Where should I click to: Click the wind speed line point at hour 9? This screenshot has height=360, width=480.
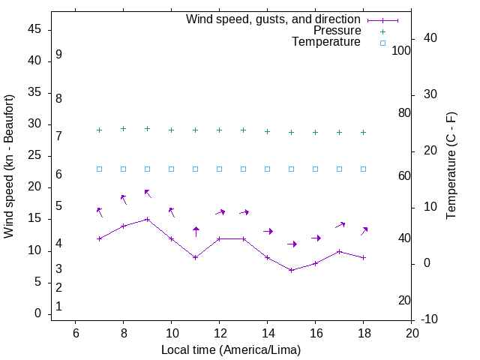click(x=148, y=220)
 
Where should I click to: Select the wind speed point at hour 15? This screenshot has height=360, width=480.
click(x=292, y=270)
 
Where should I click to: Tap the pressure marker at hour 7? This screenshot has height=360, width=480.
click(x=100, y=130)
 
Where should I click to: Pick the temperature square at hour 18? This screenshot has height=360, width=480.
click(x=364, y=169)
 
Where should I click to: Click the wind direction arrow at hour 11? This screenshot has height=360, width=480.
click(x=196, y=232)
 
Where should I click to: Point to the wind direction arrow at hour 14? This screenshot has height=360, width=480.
click(x=268, y=231)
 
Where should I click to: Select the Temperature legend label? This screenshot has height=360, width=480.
click(x=326, y=43)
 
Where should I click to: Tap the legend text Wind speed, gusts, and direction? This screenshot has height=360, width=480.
click(x=273, y=19)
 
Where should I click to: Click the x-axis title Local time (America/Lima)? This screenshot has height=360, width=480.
click(x=231, y=349)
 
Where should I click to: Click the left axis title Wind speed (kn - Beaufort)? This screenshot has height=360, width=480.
click(x=9, y=166)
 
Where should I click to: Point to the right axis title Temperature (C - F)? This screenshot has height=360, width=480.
click(x=451, y=166)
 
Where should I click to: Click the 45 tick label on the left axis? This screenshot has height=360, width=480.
click(x=34, y=29)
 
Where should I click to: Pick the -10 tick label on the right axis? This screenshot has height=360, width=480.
click(x=432, y=319)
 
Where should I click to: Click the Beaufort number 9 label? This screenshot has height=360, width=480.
click(x=58, y=55)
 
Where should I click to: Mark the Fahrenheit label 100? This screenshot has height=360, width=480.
click(x=401, y=51)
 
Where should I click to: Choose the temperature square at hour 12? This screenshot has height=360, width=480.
click(x=220, y=169)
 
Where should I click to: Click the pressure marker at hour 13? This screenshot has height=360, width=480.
click(x=244, y=130)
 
